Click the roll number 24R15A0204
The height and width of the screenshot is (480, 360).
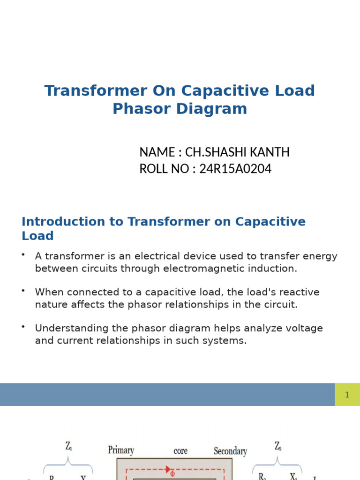coord(235,169)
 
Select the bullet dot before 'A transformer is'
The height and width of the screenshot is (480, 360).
coord(22,255)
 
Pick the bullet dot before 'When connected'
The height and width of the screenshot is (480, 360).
coord(22,291)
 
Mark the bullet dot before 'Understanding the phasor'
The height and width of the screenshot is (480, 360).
coord(22,326)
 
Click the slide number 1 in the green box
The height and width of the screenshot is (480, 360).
coord(347,395)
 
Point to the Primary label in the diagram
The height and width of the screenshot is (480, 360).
coord(121,450)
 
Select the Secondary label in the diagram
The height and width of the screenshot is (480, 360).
coord(230,451)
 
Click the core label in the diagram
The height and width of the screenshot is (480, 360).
coord(180,451)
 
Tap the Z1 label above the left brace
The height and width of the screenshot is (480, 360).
coord(68,448)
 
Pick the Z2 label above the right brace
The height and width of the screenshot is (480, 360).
coord(278,447)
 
